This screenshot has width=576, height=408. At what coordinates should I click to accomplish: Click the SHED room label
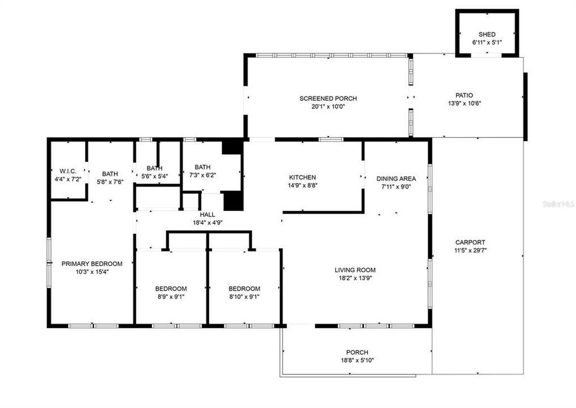(x=487, y=35)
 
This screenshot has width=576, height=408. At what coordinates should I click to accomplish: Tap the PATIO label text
(x=464, y=95)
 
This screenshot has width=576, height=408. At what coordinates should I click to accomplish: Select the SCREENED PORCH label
(x=328, y=99)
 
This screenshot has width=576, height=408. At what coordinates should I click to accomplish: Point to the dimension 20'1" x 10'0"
(x=328, y=107)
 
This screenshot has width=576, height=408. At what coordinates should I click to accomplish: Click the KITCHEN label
(x=302, y=177)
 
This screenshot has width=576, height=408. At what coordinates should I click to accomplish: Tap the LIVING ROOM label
(x=355, y=270)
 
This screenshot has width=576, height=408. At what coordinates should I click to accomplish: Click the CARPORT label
(x=470, y=243)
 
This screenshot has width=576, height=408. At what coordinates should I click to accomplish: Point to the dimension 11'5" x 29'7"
(x=470, y=250)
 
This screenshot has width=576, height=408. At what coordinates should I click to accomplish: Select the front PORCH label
(x=357, y=352)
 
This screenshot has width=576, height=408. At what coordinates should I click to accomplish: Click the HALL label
(x=207, y=215)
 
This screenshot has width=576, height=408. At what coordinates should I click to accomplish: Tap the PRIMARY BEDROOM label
(x=92, y=263)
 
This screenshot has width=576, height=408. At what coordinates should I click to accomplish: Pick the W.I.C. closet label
(x=68, y=171)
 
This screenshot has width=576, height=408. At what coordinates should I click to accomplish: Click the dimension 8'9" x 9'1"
(x=171, y=296)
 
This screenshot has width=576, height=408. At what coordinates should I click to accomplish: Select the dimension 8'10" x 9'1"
(x=244, y=296)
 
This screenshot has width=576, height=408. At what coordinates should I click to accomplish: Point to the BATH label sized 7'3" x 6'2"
(x=202, y=167)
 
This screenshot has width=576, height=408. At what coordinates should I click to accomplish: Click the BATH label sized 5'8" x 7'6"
(x=110, y=174)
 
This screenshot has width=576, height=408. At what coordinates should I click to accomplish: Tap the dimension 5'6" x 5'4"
(x=154, y=176)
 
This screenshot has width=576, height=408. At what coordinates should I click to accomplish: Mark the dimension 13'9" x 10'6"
(x=464, y=103)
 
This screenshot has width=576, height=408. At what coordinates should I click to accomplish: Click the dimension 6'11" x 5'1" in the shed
(x=487, y=42)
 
